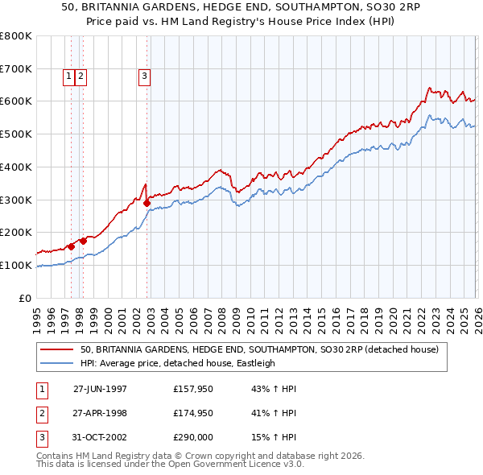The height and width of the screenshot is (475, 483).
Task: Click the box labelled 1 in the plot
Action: [x=69, y=76]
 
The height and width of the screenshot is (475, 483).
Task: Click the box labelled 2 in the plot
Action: [x=82, y=76]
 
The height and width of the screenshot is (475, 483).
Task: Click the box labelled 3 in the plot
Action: [x=144, y=76]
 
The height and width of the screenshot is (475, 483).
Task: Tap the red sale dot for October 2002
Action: [x=147, y=203]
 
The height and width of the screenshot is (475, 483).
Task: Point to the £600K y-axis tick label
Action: [x=16, y=101]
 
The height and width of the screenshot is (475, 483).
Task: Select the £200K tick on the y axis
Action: [x=16, y=233]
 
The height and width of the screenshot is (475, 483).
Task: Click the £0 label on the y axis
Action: [x=26, y=298]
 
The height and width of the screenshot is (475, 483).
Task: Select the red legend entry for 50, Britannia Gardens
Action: [x=258, y=349]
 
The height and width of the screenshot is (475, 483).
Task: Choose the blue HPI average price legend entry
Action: [x=177, y=363]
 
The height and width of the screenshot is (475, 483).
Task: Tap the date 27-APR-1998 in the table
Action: [x=100, y=413]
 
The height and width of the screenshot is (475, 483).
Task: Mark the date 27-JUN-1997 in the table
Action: [x=100, y=388]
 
